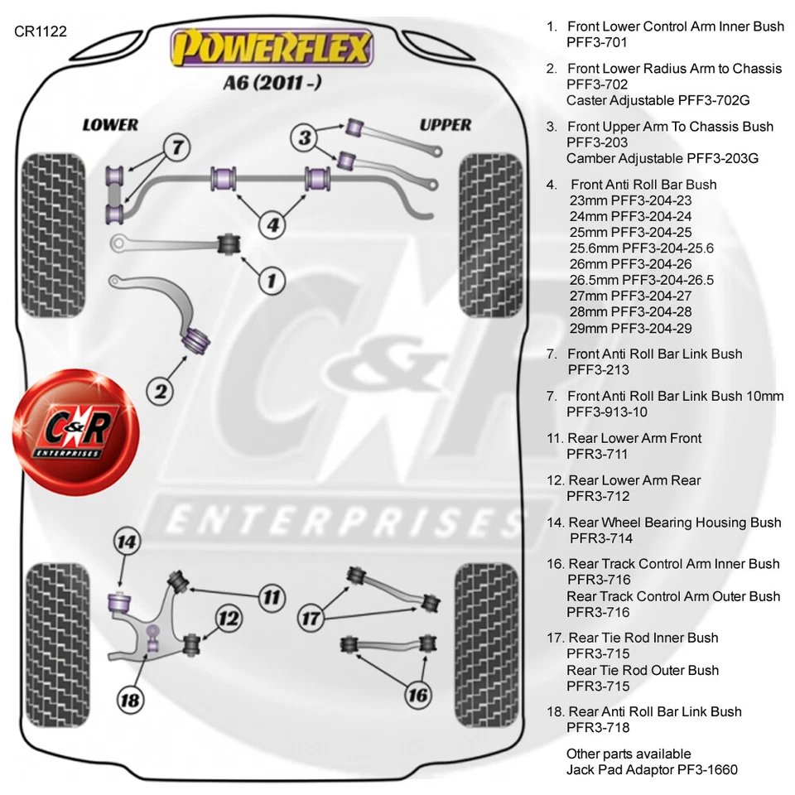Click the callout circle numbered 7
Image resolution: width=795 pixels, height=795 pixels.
pyautogui.click(x=176, y=148)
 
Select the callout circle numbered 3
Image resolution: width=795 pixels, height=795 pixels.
pyautogui.click(x=305, y=137)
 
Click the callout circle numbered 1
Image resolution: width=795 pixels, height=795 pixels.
pyautogui.click(x=270, y=281)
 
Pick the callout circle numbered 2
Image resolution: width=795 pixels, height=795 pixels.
pyautogui.click(x=162, y=389)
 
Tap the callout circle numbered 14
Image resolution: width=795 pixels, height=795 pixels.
pyautogui.click(x=126, y=543)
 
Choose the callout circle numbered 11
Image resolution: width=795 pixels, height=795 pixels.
pyautogui.click(x=270, y=596)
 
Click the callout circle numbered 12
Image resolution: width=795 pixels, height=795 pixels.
pyautogui.click(x=229, y=618)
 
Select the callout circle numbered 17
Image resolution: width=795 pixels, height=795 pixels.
pyautogui.click(x=311, y=618)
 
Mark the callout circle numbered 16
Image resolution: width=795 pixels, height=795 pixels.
pyautogui.click(x=419, y=694)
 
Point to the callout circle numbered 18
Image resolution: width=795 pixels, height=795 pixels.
pyautogui.click(x=130, y=701)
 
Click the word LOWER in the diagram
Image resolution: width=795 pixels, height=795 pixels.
pyautogui.click(x=110, y=125)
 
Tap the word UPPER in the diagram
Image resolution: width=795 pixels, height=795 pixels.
pyautogui.click(x=445, y=125)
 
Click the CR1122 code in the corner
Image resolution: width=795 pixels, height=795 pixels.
pyautogui.click(x=40, y=31)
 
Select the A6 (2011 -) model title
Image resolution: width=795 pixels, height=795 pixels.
pyautogui.click(x=270, y=84)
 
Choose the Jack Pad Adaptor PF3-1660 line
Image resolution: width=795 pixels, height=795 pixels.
pyautogui.click(x=652, y=770)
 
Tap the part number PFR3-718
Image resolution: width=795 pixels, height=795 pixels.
pyautogui.click(x=598, y=728)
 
